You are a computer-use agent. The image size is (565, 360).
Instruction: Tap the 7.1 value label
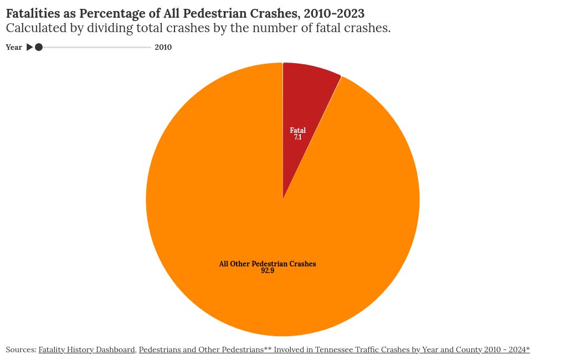click(x=298, y=137)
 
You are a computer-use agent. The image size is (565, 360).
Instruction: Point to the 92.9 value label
click(x=268, y=271)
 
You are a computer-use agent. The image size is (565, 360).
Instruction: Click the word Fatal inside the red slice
click(x=298, y=131)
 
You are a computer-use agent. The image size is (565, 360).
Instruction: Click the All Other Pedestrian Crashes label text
click(x=268, y=264)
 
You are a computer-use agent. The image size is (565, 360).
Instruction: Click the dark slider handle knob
click(x=39, y=48)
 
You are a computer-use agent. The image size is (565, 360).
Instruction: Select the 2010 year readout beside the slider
click(x=163, y=48)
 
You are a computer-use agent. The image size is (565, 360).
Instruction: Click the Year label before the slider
click(x=14, y=48)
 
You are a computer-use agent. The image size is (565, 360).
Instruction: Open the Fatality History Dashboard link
click(x=86, y=350)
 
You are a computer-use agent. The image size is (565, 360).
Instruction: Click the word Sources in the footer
click(x=20, y=350)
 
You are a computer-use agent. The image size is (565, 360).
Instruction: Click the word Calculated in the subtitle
click(x=34, y=28)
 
